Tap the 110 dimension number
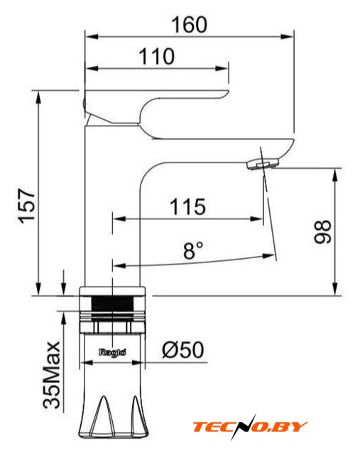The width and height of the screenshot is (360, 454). click(157, 56)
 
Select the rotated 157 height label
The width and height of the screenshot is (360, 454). click(27, 206)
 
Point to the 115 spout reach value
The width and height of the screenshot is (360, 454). click(187, 206)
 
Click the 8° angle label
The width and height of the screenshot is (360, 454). click(193, 250)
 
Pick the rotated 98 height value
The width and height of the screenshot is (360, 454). click(322, 232)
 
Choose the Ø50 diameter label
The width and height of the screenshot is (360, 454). click(183, 350)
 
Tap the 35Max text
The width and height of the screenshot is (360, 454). click(52, 375)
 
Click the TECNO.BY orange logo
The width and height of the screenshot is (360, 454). click(250, 427)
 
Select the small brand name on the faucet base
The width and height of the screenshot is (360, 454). click(112, 353)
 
